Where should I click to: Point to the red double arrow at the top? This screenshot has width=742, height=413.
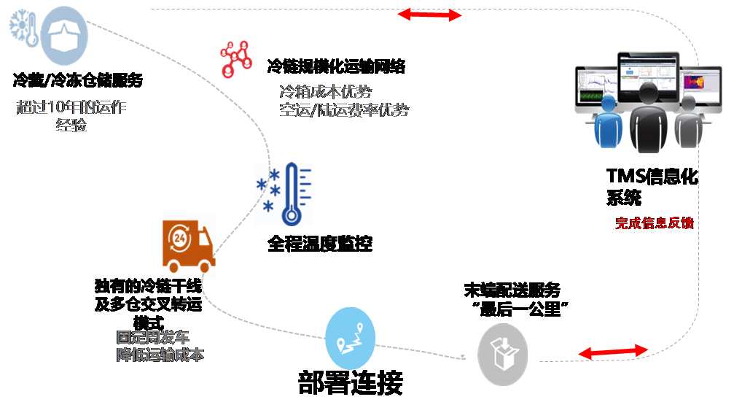430,15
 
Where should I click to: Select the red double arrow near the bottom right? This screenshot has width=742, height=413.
613,352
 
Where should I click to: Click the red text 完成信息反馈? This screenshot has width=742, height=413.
654,223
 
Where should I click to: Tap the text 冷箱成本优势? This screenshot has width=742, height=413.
326,93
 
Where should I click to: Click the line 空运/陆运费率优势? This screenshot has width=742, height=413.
344,110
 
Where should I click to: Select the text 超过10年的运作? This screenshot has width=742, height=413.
71,107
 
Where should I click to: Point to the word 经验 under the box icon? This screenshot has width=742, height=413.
71,125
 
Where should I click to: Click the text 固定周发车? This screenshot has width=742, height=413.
153,338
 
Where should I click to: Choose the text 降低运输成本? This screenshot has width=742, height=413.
160,355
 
